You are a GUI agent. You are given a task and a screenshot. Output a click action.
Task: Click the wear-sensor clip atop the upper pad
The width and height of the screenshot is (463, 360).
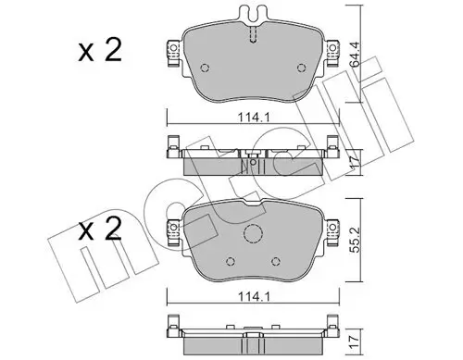click(253, 15)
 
